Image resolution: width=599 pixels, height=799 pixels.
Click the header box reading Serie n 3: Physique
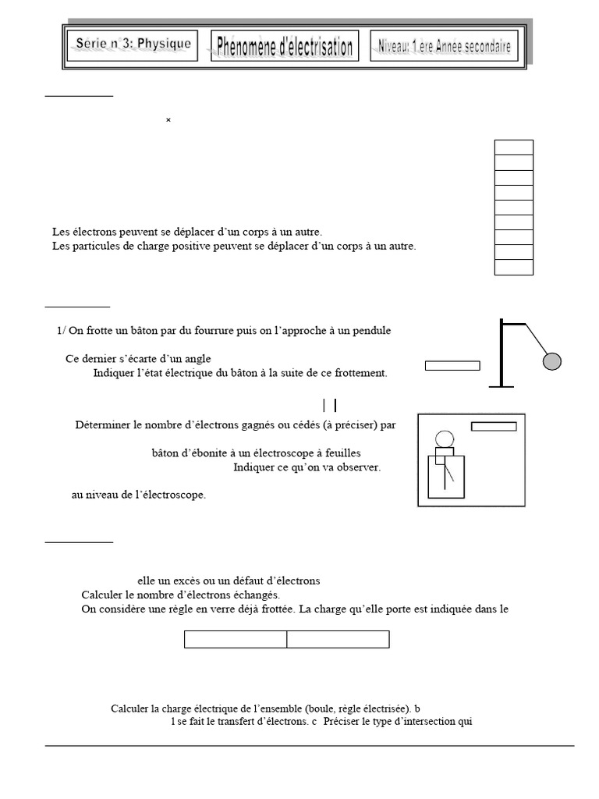click(x=133, y=44)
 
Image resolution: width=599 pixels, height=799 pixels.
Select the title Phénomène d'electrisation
click(x=284, y=46)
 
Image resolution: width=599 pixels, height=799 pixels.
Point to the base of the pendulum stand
click(x=501, y=385)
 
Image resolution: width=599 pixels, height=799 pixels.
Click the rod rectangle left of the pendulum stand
click(x=452, y=365)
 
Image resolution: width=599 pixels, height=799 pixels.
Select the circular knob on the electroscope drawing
click(x=445, y=439)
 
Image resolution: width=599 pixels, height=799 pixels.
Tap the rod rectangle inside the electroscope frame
click(x=494, y=426)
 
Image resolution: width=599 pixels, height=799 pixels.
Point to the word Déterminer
click(x=103, y=425)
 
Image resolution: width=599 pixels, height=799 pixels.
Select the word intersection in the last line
click(x=430, y=721)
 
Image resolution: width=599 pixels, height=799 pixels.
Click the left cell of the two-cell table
click(x=236, y=640)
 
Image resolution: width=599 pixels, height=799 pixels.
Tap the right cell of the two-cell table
click(x=338, y=640)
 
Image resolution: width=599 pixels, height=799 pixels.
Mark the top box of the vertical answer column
click(x=513, y=147)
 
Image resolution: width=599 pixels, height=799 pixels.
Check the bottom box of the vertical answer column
click(x=513, y=268)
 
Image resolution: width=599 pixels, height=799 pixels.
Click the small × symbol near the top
click(x=168, y=120)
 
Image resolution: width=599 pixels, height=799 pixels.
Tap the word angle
click(x=196, y=359)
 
